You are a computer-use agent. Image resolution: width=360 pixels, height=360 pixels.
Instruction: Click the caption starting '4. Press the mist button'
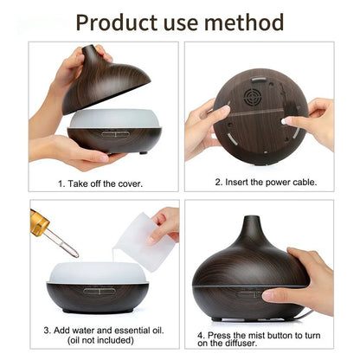coord(259,334)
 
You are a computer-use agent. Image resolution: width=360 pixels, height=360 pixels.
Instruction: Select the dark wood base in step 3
coord(98,299)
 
